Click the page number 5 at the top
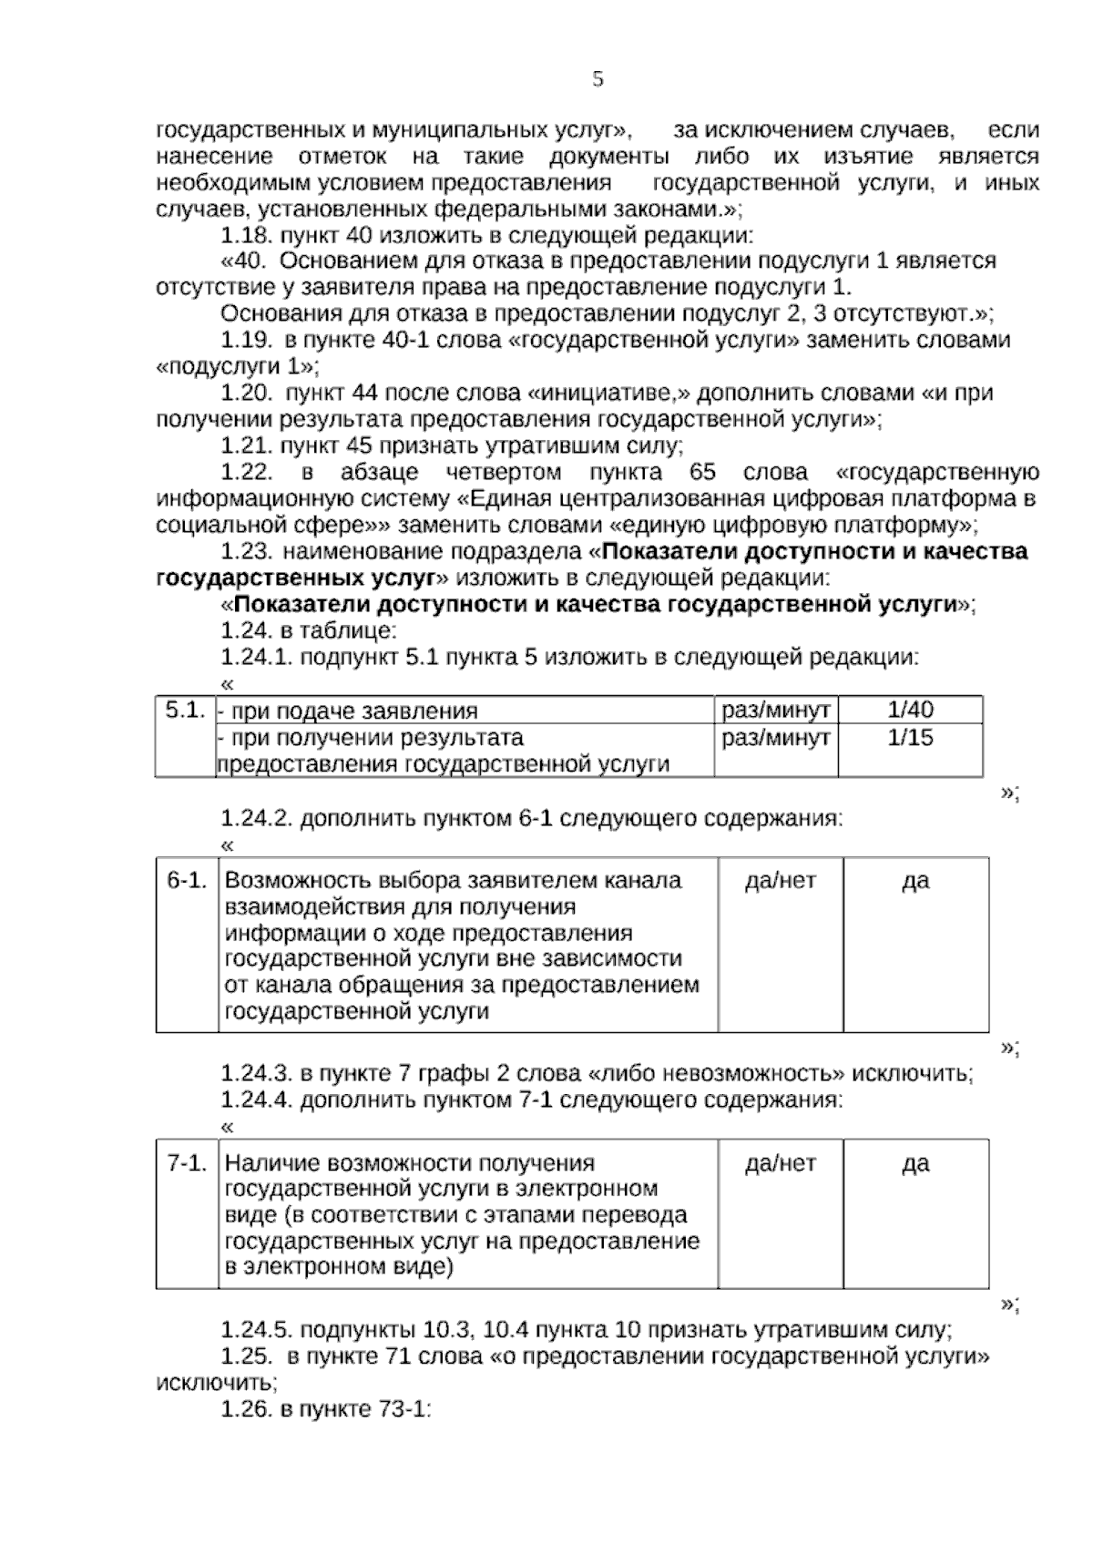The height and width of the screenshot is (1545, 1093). point(598,80)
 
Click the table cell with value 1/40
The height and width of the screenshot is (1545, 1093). point(910,711)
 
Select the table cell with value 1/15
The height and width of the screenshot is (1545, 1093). point(910,737)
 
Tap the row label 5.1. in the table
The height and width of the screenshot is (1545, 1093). point(184,710)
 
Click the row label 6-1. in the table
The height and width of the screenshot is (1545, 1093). point(187,880)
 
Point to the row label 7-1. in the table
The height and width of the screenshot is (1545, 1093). point(187,1163)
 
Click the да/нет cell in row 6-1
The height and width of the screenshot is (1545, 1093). point(780,880)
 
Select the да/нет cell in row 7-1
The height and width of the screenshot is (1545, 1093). point(780,1163)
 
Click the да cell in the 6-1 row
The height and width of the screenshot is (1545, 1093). point(914,880)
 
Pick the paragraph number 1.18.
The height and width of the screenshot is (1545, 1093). point(246,236)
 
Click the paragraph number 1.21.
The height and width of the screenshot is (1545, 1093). point(246,446)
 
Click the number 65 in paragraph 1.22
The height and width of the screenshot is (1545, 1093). point(702,473)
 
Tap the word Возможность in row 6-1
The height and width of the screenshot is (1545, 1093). point(286,881)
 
